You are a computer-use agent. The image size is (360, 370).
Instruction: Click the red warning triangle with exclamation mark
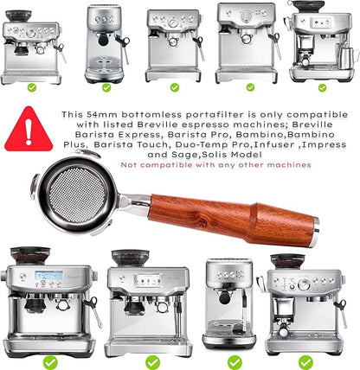29,130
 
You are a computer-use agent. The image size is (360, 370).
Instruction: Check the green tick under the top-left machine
31,86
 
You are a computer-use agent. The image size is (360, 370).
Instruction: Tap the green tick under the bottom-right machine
305,361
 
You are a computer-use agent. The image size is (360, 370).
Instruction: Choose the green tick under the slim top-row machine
106,86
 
